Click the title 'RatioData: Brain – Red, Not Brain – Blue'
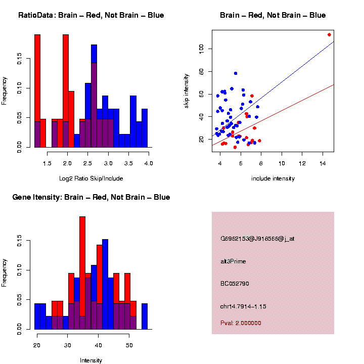[x=91, y=15]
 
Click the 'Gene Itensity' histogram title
[x=91, y=197]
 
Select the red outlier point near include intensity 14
[x=329, y=34]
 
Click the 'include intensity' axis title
[x=272, y=178]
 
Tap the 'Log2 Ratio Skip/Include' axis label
[x=91, y=178]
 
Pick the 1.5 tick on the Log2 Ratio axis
[x=48, y=163]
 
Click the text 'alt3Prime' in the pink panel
[x=233, y=261]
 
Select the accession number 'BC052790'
[x=233, y=284]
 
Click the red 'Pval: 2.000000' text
[x=241, y=323]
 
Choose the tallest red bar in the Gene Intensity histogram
[x=82, y=273]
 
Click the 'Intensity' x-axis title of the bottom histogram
[x=91, y=360]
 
